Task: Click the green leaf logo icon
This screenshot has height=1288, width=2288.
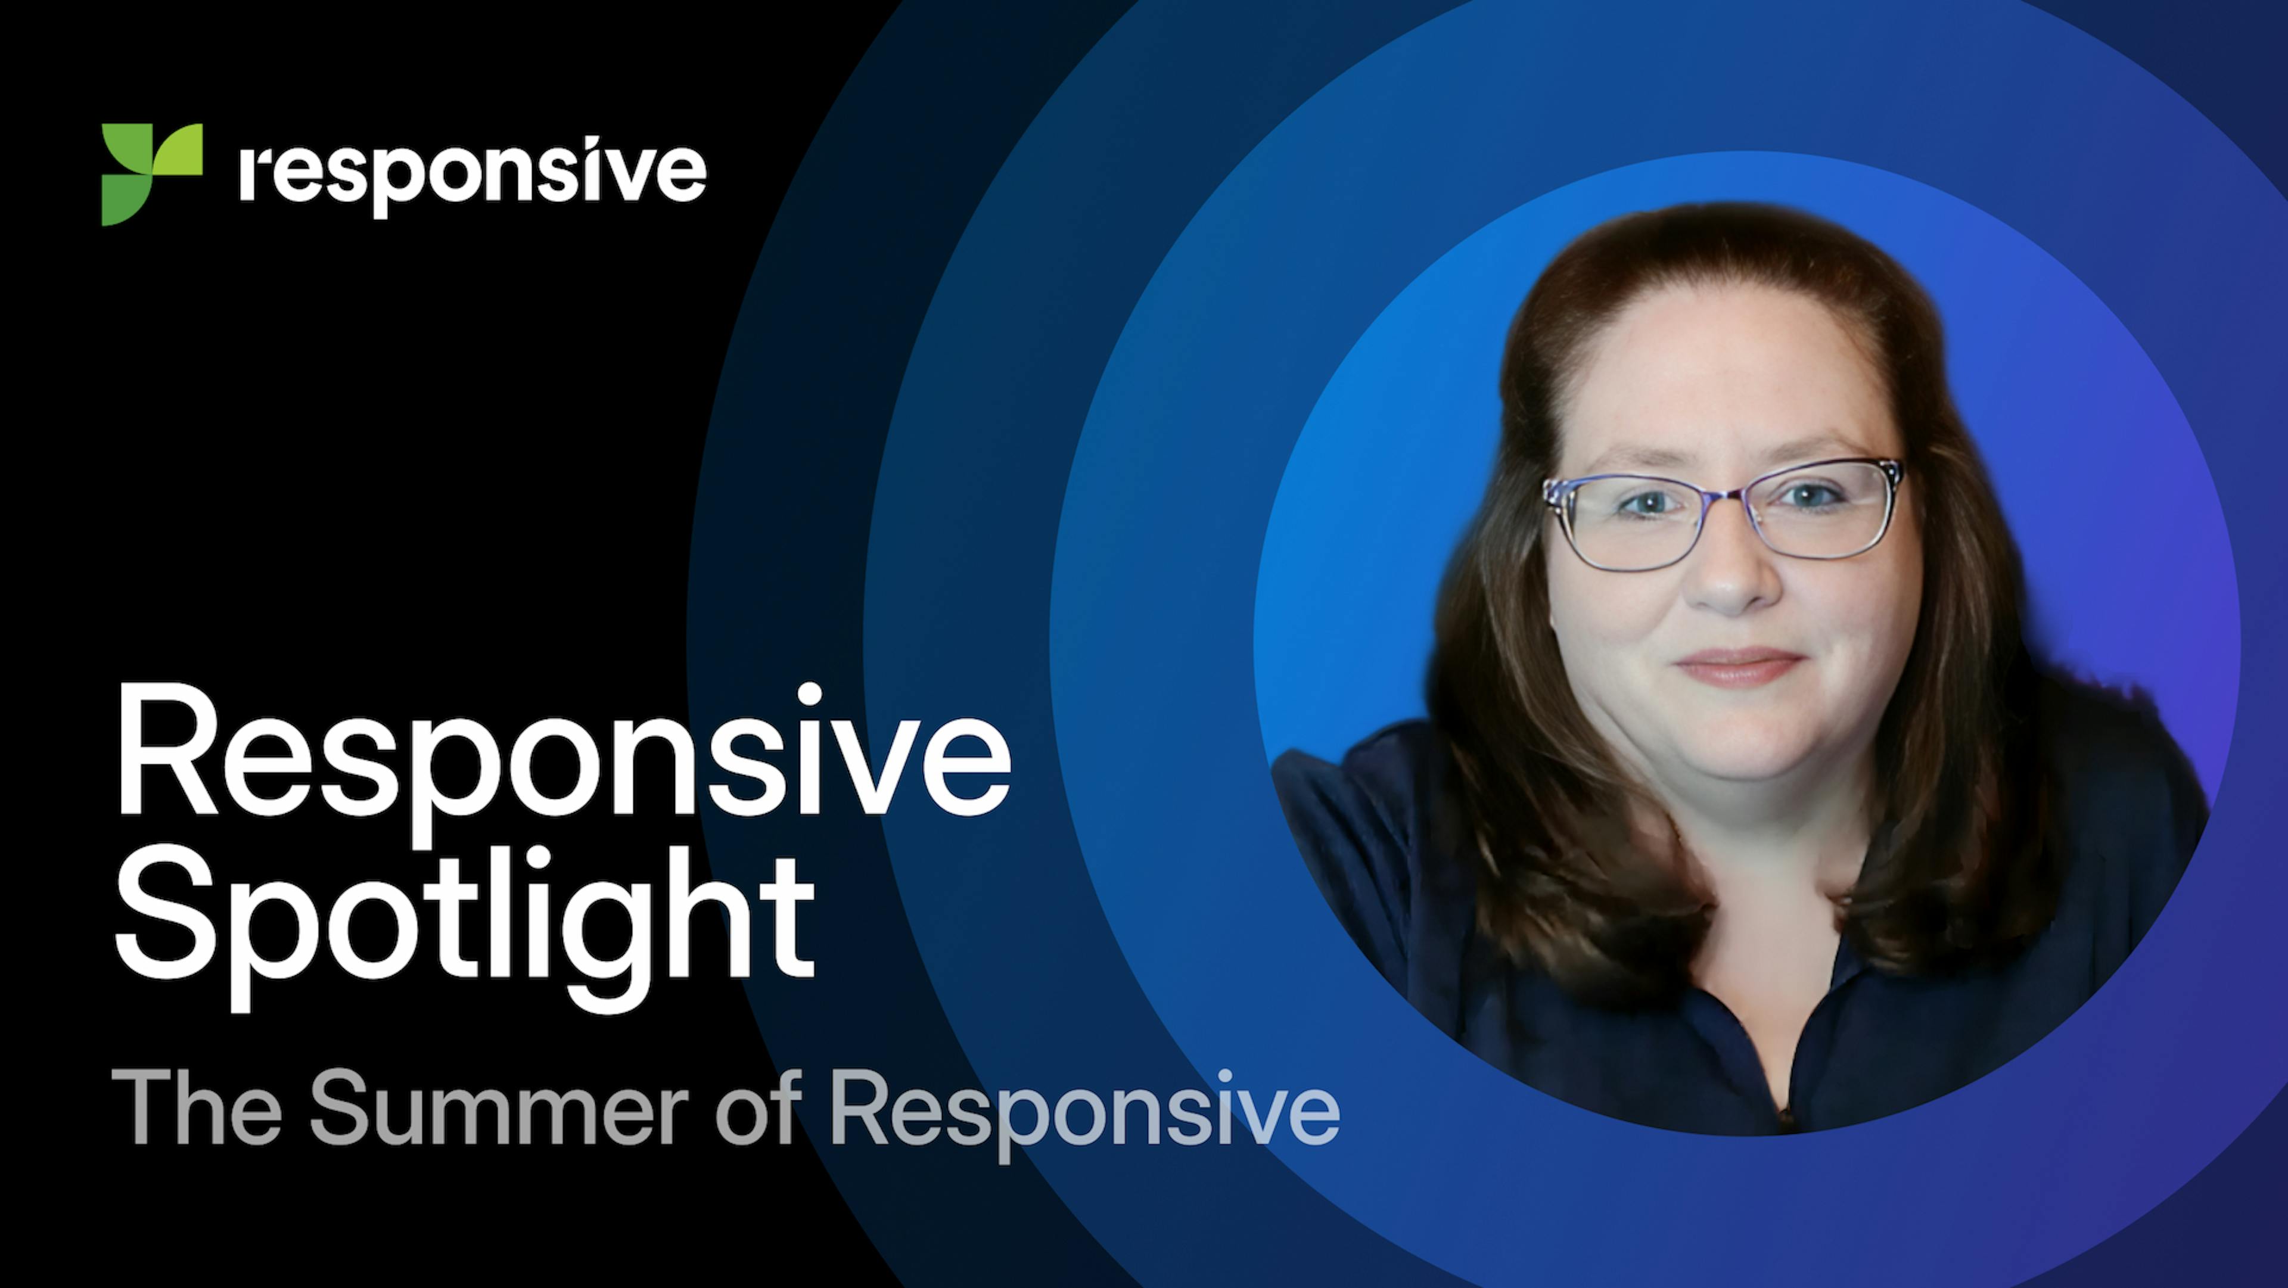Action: (151, 174)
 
